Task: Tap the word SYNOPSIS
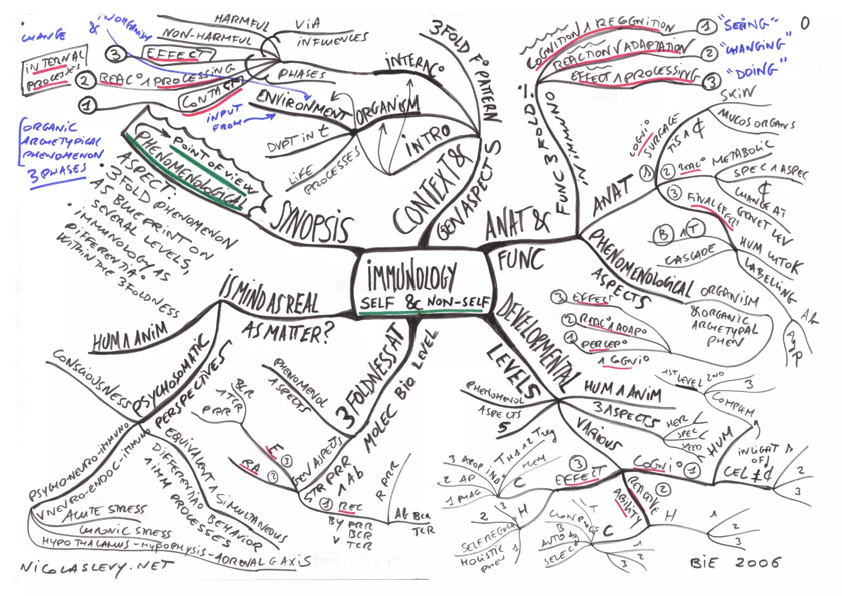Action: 312,224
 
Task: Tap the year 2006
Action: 757,562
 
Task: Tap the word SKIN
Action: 738,94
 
